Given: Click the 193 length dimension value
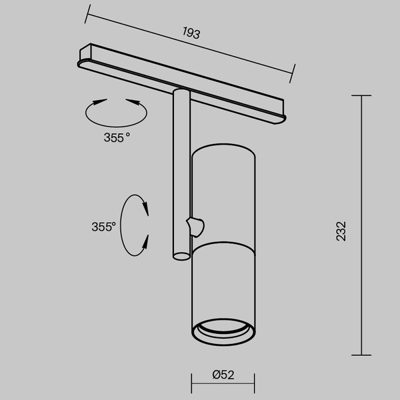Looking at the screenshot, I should tap(191, 31).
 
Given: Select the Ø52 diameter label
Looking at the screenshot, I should tap(223, 375).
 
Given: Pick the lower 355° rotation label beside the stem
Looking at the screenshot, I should tap(103, 227).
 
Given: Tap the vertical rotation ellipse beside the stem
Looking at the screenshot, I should tap(137, 225).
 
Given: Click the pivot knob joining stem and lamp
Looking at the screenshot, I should tap(196, 227).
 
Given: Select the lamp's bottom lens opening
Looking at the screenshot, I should tap(223, 329).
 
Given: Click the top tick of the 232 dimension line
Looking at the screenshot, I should tap(361, 96).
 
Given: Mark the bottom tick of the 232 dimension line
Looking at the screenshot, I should tap(361, 355).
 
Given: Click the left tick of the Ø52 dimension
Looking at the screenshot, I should tap(192, 383).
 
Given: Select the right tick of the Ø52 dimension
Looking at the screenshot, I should tap(255, 383).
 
